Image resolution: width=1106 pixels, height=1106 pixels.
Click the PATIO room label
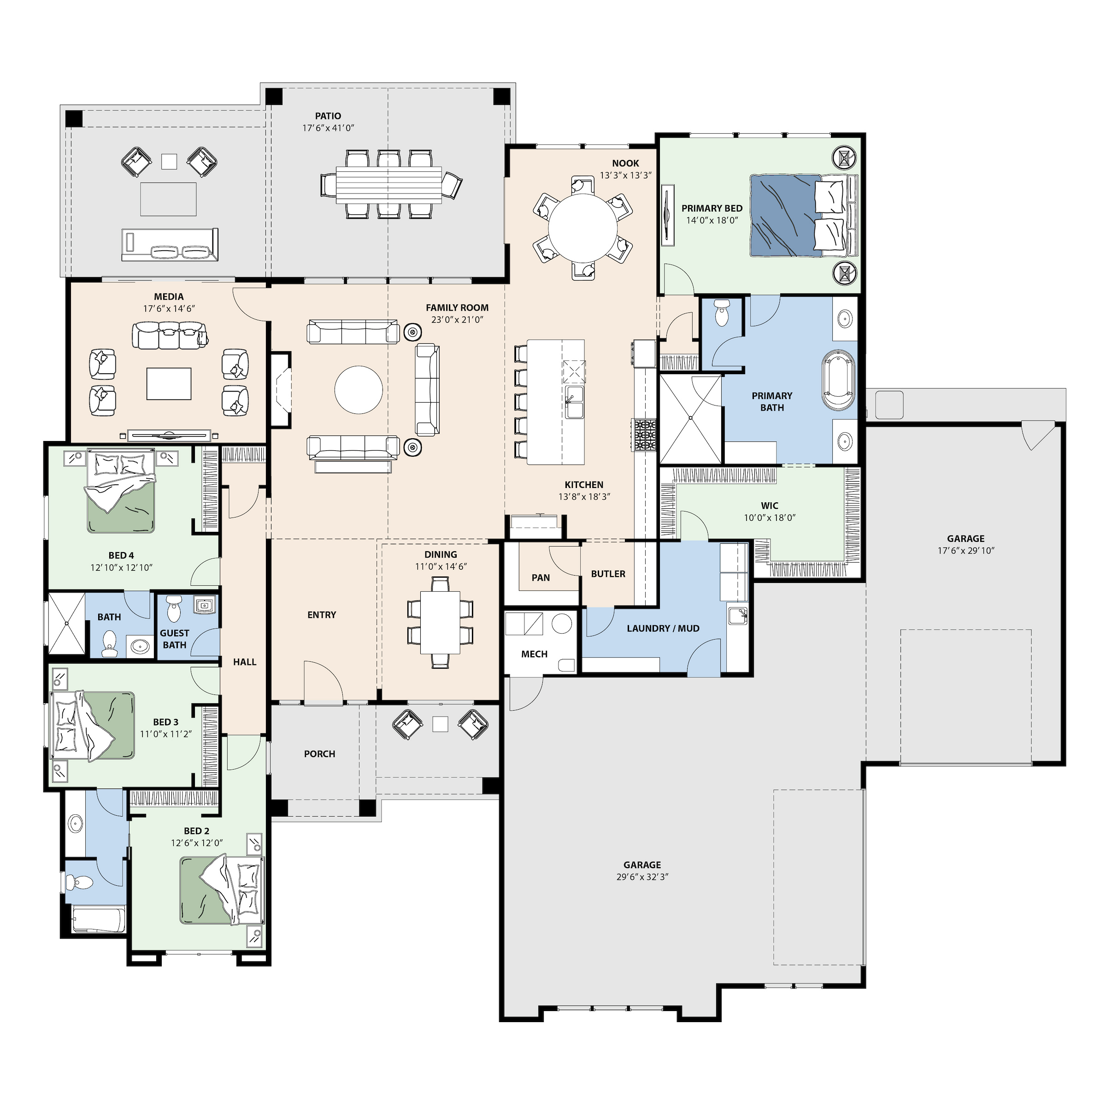(328, 116)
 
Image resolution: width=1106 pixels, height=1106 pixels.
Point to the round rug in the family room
(359, 390)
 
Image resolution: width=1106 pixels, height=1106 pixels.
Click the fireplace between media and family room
(281, 389)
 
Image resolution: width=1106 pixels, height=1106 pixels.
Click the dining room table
(440, 622)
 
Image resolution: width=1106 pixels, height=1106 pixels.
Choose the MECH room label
(534, 654)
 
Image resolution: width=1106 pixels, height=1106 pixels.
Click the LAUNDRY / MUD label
(663, 628)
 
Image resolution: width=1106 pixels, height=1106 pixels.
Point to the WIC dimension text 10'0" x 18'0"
(770, 518)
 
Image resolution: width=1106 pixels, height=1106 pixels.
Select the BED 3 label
(165, 722)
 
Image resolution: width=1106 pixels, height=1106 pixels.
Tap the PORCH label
(319, 754)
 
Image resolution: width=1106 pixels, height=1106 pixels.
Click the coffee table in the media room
(169, 383)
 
